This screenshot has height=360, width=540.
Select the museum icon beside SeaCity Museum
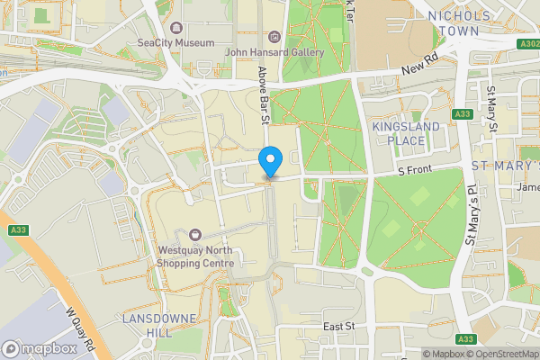pos(176,28)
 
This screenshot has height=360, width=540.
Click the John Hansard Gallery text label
pos(274,52)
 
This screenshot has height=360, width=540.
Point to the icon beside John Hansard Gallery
pos(274,36)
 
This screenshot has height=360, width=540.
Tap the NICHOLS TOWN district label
pos(460,23)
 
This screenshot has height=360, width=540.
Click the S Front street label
pos(416,169)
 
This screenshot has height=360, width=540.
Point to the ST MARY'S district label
pos(505,166)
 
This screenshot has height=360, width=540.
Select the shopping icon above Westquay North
pos(194,235)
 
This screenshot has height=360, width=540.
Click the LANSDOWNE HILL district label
pos(148,326)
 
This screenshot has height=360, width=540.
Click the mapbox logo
pos(40,348)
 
